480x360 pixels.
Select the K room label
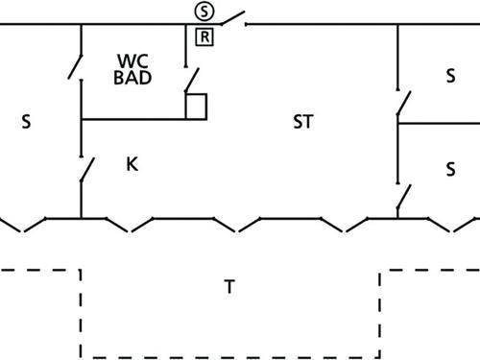pos(132,164)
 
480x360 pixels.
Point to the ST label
pos(303,122)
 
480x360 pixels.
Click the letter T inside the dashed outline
pos(228,286)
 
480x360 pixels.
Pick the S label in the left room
pos(27,122)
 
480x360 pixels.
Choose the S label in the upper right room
pos(450,75)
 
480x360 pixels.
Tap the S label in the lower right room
pos(450,169)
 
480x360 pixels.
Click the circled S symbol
pos(204,12)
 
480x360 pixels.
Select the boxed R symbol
pos(204,37)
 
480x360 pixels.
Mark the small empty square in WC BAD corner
pos(197,106)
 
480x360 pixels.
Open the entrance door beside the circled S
pos(232,17)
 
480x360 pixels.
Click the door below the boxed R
pos(193,79)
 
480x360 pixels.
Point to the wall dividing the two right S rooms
pos(438,123)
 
